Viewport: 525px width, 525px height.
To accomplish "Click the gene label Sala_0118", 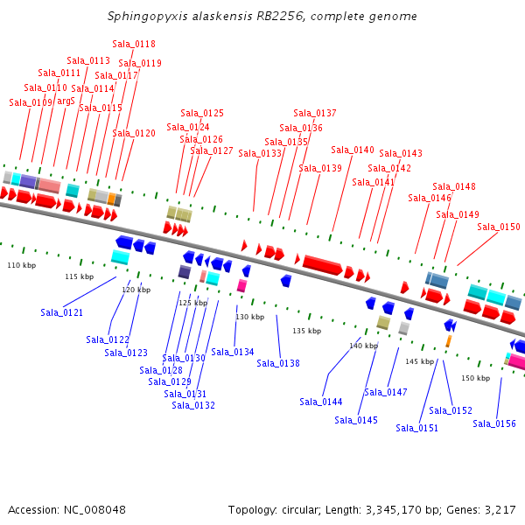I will pos(134,44).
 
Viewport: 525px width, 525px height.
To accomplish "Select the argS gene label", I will pos(66,101).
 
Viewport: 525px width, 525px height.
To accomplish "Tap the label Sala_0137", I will pos(315,113).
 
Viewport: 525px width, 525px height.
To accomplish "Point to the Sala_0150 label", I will pos(499,227).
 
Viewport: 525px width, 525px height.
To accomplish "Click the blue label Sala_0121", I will pos(62,312).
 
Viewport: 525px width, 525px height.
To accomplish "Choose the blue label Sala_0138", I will pos(278,363).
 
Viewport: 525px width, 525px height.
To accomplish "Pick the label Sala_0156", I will pos(494,423).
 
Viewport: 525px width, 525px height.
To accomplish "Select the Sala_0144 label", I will pos(321,402).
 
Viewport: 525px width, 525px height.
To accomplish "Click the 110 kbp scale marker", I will pos(22,265).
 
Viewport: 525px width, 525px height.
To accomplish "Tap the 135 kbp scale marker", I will pos(307,331).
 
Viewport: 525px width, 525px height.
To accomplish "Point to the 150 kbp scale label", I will pos(475,378).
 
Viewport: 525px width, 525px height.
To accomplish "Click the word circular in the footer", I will pos(310,509).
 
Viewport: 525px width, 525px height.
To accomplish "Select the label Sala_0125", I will pos(202,113).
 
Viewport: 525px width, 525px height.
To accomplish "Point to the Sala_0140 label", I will pos(353,150).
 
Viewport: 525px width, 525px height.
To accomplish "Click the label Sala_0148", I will pos(454,186).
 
